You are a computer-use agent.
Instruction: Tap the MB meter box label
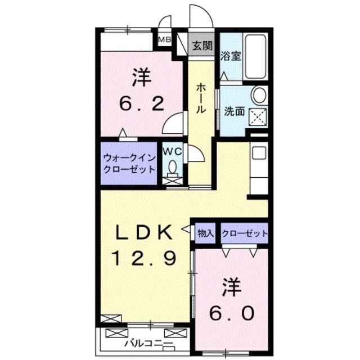[x=164, y=39]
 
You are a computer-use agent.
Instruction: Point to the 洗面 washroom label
[x=234, y=111]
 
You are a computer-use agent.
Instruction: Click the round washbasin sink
[x=259, y=96]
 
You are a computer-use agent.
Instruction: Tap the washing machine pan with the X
[x=258, y=118]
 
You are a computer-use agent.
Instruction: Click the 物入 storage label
[x=205, y=232]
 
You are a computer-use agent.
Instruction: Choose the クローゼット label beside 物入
[x=244, y=232]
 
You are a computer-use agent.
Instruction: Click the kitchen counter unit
[x=258, y=169]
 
